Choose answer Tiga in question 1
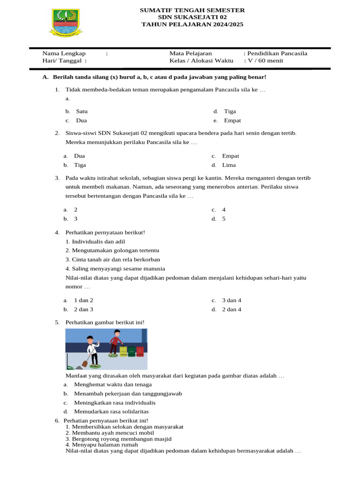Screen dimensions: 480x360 230,112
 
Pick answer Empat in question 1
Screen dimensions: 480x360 232,120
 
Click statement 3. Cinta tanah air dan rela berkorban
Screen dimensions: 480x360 112,259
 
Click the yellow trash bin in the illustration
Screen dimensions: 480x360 124,352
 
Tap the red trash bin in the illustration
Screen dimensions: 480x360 140,352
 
